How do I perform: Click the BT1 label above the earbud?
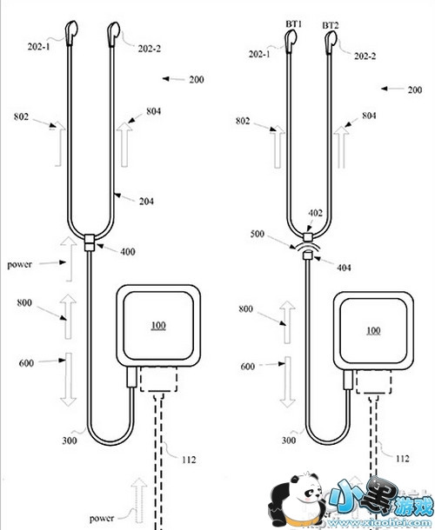coord(294,24)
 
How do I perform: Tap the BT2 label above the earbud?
coord(330,26)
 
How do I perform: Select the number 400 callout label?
coord(128,252)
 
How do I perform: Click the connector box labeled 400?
coord(89,242)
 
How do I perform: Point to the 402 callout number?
coord(315,213)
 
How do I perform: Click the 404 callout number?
coord(344,268)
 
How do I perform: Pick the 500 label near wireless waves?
coord(257,234)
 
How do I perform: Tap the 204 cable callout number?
coord(146,202)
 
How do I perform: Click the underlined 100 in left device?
coord(158,326)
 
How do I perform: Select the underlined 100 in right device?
coord(373,330)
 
